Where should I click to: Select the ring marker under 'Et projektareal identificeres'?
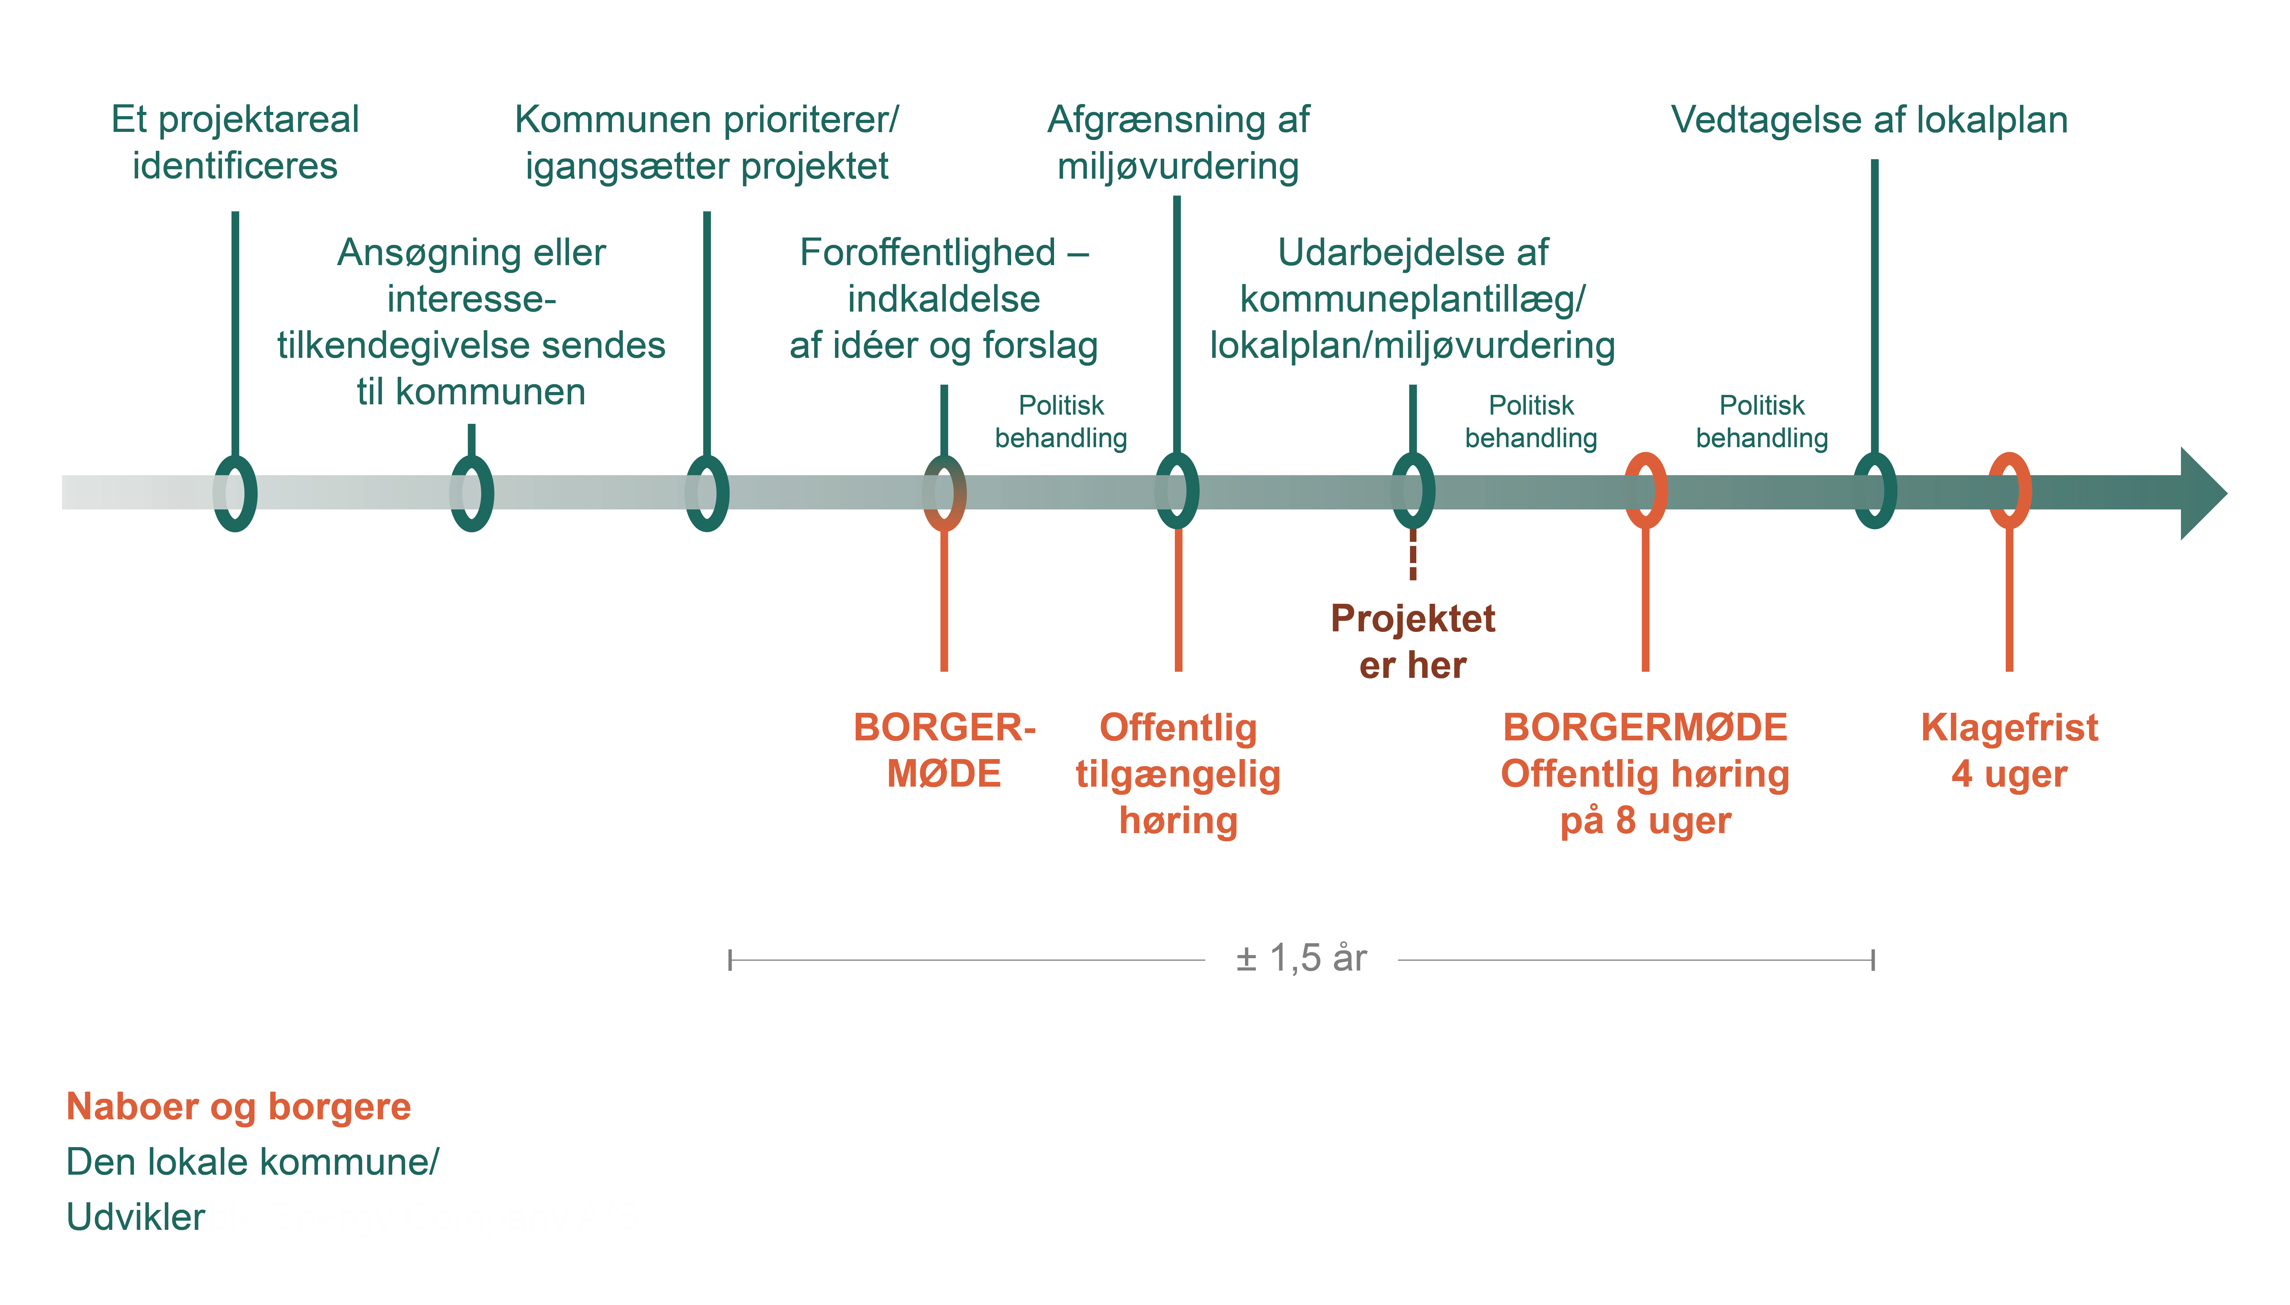pyautogui.click(x=235, y=493)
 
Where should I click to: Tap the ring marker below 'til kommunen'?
pyautogui.click(x=471, y=493)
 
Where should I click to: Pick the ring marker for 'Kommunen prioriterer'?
pyautogui.click(x=707, y=493)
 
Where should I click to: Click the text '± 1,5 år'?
pyautogui.click(x=1301, y=958)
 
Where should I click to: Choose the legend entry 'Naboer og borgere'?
pyautogui.click(x=238, y=1107)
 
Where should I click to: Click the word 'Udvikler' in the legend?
pyautogui.click(x=135, y=1217)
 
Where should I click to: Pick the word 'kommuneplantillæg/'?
pyautogui.click(x=1413, y=299)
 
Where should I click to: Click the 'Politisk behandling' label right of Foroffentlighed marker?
pyautogui.click(x=1061, y=421)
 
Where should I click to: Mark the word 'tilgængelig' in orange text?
pyautogui.click(x=1178, y=774)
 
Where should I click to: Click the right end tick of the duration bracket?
pyautogui.click(x=1872, y=960)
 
